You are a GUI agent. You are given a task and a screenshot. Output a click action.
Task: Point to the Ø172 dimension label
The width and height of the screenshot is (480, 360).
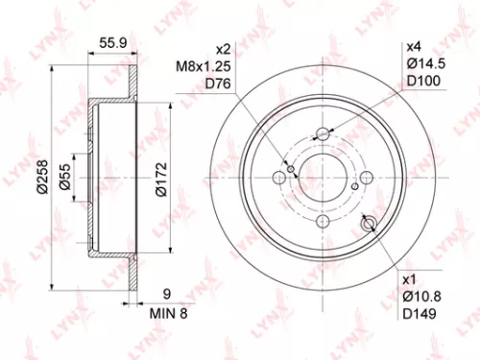point(160,178)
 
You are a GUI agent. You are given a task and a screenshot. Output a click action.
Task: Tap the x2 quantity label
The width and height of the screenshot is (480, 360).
point(223,48)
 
